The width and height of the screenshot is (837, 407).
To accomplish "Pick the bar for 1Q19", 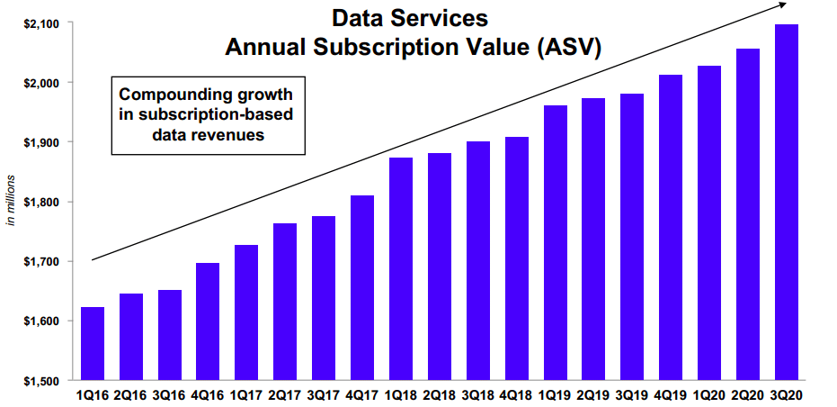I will (x=555, y=242).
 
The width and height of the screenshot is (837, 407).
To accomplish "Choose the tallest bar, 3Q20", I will (x=787, y=202).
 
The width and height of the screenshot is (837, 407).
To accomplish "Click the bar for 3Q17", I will (x=324, y=298).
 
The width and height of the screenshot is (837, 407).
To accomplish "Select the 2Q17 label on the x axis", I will (x=285, y=395).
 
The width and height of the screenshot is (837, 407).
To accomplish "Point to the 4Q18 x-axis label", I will (x=516, y=395).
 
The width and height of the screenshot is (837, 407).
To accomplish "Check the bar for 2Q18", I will (x=440, y=267).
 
